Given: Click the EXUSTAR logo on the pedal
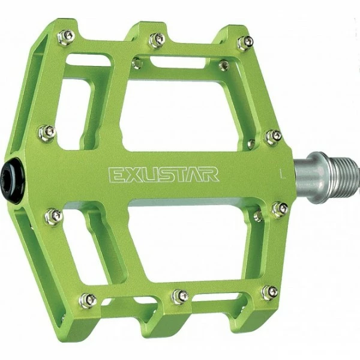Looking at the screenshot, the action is tap(163, 175).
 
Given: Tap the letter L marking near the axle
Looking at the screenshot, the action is tap(283, 174).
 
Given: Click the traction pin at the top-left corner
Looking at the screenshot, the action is tap(66, 37).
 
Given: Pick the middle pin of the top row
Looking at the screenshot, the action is tap(157, 40).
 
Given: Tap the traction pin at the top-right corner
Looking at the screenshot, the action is tap(245, 42).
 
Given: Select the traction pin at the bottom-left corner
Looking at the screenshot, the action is tap(88, 300).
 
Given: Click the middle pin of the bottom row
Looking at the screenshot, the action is tap(181, 296).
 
